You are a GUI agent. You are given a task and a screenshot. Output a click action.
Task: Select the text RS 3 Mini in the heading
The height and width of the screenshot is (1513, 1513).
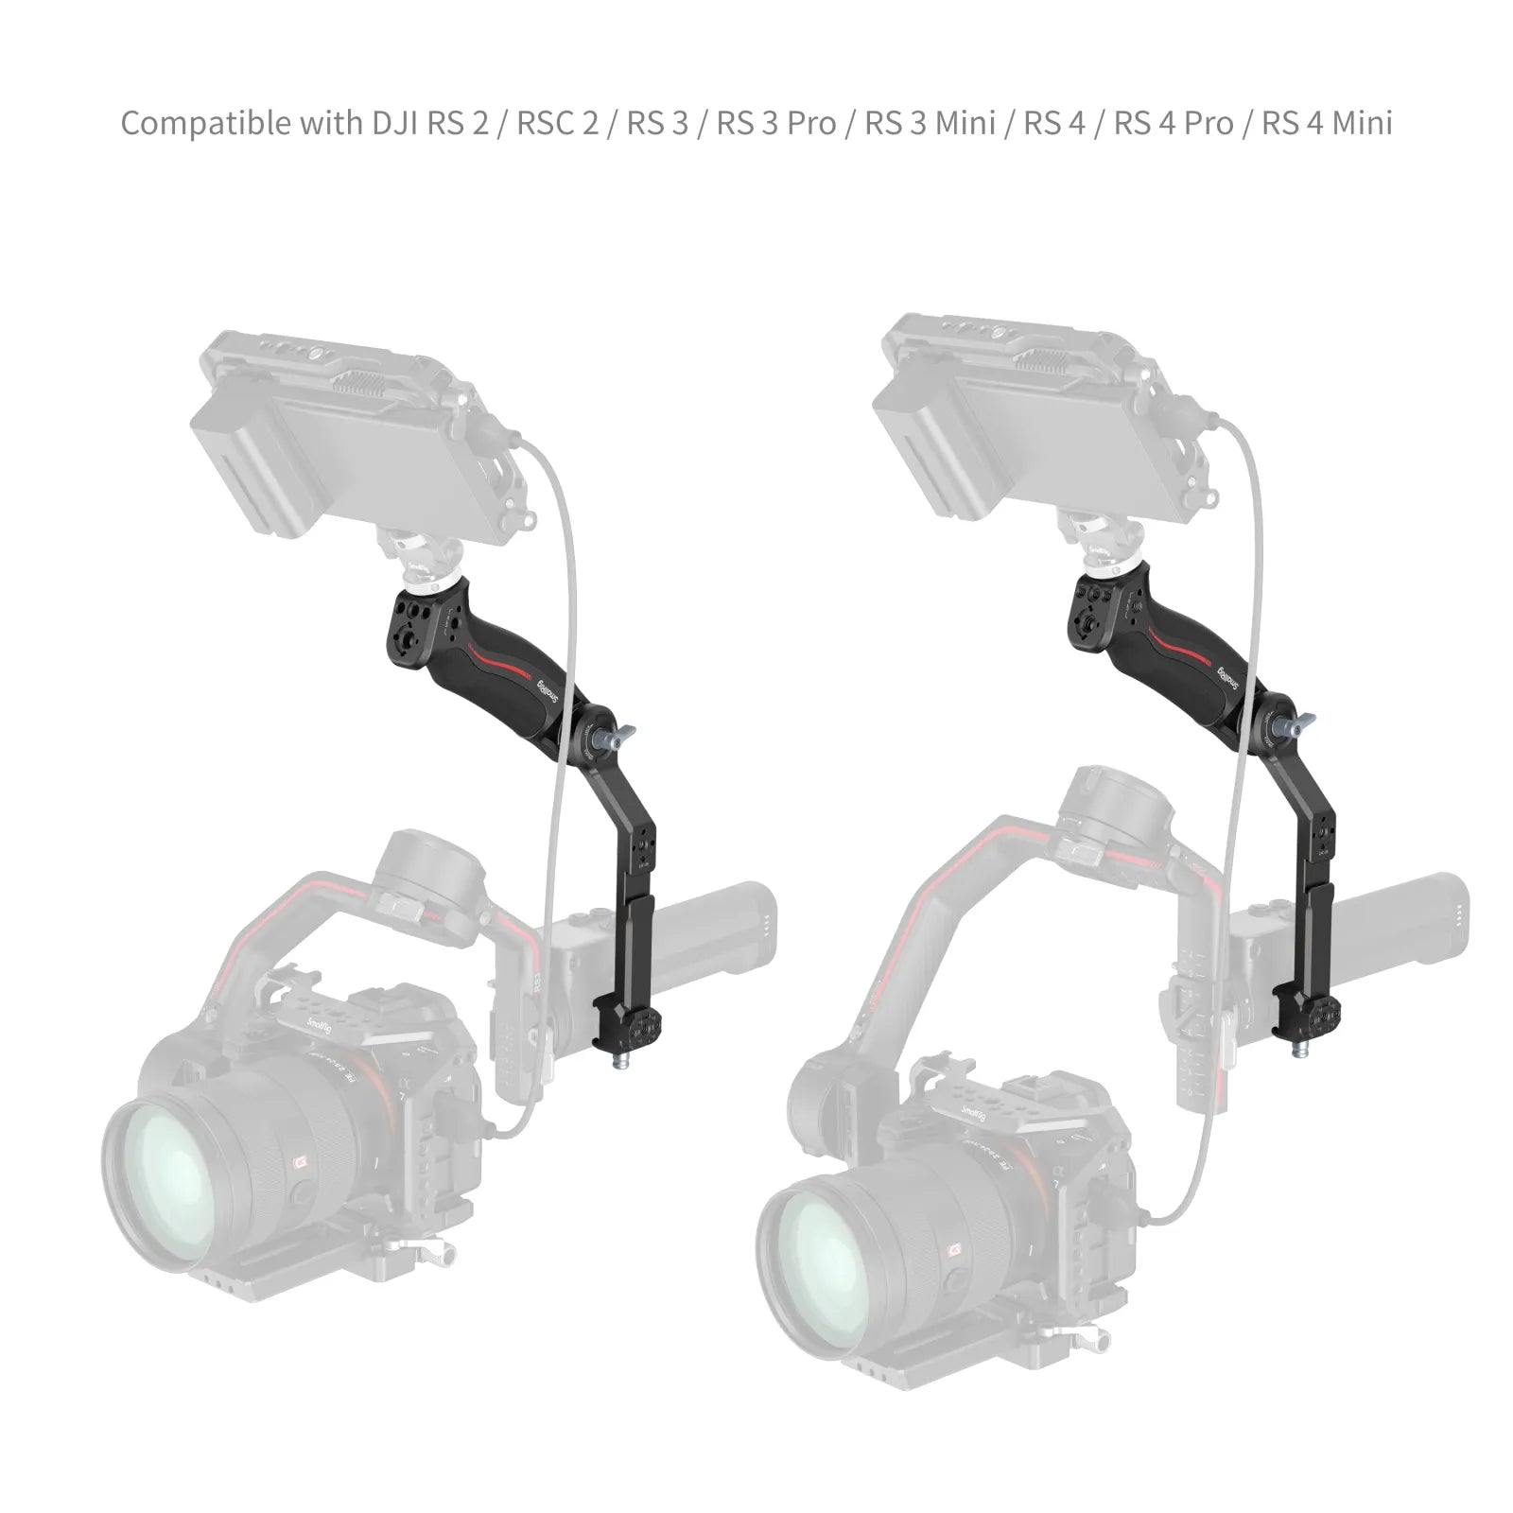(930, 124)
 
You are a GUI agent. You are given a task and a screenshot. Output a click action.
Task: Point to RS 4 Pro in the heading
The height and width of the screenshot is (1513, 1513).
(1174, 124)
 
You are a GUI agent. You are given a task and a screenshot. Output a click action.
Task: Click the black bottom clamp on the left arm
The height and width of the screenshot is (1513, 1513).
(628, 1022)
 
